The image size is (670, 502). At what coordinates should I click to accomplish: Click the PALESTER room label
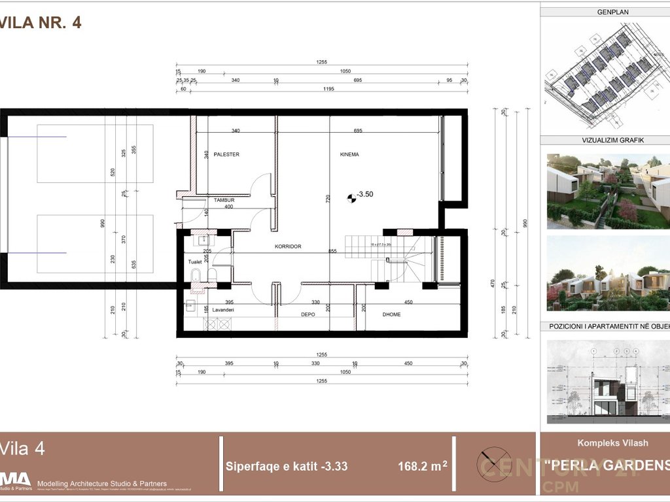coord(226,154)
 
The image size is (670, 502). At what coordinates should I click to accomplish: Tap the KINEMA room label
coord(350,154)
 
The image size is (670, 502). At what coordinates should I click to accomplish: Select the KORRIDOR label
coord(288,246)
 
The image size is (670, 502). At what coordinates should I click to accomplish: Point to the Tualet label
coord(195,261)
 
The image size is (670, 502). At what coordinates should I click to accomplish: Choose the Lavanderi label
coord(221,310)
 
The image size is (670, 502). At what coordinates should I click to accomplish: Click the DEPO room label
coord(308,314)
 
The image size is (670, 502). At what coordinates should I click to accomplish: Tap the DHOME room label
coord(392,314)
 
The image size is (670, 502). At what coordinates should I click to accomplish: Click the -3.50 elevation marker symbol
coord(350,194)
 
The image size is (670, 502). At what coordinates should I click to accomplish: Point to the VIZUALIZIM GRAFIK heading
coord(605,141)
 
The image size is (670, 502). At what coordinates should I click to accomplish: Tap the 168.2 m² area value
coord(423,467)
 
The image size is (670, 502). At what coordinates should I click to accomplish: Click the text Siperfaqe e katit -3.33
coord(286,467)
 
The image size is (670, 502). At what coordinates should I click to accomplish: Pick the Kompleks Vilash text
coord(613,443)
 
